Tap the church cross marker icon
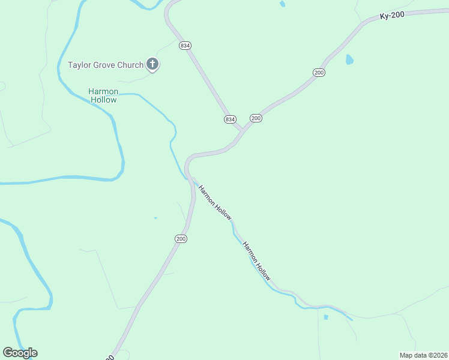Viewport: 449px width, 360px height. [x=152, y=64]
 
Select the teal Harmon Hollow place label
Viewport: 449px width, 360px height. [x=103, y=95]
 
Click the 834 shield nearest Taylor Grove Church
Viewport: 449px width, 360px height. [x=184, y=46]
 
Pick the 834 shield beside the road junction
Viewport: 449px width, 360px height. [x=230, y=119]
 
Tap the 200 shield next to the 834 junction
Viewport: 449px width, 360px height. [x=256, y=118]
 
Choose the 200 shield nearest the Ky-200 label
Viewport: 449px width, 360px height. [x=319, y=72]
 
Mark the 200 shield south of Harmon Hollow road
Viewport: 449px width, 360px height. [x=181, y=239]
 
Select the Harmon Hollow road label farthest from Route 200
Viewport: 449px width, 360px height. [x=257, y=261]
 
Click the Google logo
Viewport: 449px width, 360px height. [x=20, y=353]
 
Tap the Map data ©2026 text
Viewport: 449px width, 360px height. [x=423, y=355]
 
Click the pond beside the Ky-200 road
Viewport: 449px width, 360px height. [x=349, y=59]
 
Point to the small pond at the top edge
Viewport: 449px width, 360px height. [x=282, y=4]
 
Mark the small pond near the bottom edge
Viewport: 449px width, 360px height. [x=326, y=316]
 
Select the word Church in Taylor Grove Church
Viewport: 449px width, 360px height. [x=130, y=65]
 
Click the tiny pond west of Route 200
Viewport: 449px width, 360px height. [x=155, y=218]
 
